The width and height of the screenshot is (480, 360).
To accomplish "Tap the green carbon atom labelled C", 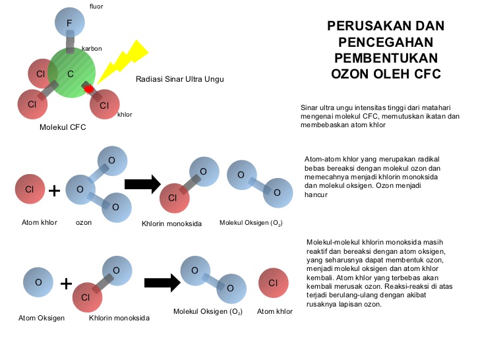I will click(x=71, y=74).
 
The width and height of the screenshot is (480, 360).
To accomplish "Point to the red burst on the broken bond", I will click(x=88, y=88).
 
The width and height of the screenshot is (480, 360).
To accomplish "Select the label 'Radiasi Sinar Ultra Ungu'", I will click(x=180, y=79).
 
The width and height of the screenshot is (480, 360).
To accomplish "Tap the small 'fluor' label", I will click(x=96, y=7).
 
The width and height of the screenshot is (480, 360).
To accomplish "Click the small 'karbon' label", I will click(x=92, y=49).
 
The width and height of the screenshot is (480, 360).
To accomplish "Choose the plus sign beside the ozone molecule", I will click(x=55, y=191).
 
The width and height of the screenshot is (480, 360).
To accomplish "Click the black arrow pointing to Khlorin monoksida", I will click(x=142, y=185).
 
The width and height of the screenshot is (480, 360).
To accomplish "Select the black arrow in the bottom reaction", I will click(x=162, y=283).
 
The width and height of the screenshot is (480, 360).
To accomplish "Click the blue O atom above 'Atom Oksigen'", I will click(x=38, y=282).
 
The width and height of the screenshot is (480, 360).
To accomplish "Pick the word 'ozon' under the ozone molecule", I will click(x=83, y=222).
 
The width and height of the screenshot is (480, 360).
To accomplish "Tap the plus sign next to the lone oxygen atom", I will click(x=66, y=284).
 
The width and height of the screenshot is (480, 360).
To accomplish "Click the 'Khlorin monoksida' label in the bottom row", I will click(x=119, y=318).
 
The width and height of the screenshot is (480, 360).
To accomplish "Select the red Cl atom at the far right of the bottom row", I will click(x=274, y=283).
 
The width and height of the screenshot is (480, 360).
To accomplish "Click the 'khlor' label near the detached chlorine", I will click(x=125, y=115).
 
